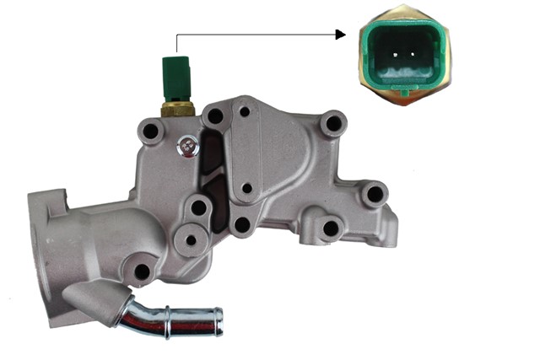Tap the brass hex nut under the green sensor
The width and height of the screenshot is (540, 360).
pyautogui.click(x=176, y=108)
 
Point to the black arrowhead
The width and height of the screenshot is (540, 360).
pyautogui.click(x=341, y=35)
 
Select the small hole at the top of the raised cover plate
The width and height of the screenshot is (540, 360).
pyautogui.click(x=245, y=110)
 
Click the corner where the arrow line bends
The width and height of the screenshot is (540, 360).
pyautogui.click(x=176, y=35)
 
